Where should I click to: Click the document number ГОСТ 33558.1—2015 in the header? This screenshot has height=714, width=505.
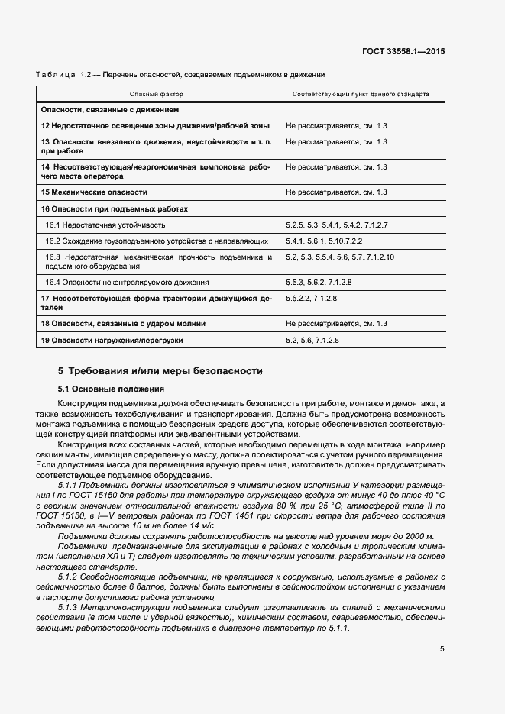click(x=404, y=50)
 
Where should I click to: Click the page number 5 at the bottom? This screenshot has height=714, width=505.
click(x=442, y=648)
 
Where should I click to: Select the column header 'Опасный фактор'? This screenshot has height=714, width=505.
click(x=156, y=94)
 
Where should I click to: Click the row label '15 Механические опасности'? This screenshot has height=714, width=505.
click(x=94, y=192)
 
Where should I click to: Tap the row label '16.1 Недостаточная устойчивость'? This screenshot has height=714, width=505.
click(x=105, y=225)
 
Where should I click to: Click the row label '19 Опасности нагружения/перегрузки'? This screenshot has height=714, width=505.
click(x=112, y=340)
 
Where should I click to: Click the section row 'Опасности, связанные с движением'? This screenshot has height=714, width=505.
click(x=109, y=109)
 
